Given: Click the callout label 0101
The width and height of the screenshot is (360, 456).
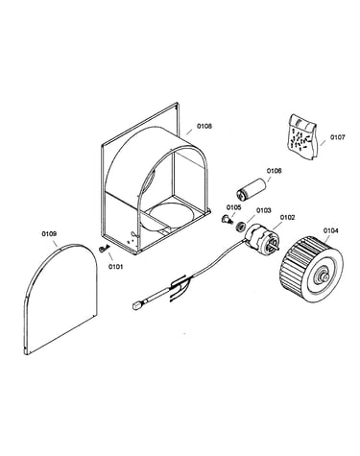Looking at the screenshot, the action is [x=115, y=266].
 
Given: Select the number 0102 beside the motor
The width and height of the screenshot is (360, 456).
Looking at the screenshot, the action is [x=287, y=217].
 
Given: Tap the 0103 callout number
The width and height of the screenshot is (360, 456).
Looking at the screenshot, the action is [x=263, y=210].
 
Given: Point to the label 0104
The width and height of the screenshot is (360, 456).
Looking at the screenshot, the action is [x=330, y=230].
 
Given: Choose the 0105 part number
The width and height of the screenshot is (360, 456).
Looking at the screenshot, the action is [x=234, y=207].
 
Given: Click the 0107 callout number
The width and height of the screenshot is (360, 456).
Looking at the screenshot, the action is [x=338, y=137].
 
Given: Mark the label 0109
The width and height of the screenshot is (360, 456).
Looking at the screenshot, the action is [x=49, y=234].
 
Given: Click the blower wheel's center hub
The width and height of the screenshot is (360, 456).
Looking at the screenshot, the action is [x=322, y=276].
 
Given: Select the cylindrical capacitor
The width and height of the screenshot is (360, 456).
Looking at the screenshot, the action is [x=251, y=190].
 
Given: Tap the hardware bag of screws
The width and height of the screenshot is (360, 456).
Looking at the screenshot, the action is [x=302, y=136].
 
